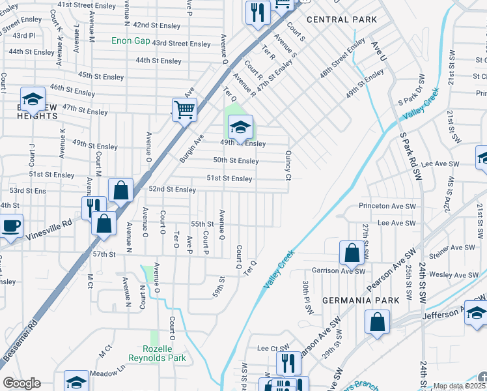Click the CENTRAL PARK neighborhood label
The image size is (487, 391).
[x=342, y=20]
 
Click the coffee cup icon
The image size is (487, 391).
[x=10, y=227]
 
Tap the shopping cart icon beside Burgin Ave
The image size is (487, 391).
[x=184, y=109]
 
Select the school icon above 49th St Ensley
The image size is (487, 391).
[x=240, y=127]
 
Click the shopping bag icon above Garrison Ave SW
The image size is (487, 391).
[x=352, y=253]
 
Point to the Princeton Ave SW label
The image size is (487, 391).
[x=387, y=206]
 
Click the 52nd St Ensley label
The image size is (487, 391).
[x=173, y=190]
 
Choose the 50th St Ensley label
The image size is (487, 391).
[x=236, y=160]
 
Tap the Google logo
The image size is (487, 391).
[x=21, y=383]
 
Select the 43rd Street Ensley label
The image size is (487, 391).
[x=181, y=44]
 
